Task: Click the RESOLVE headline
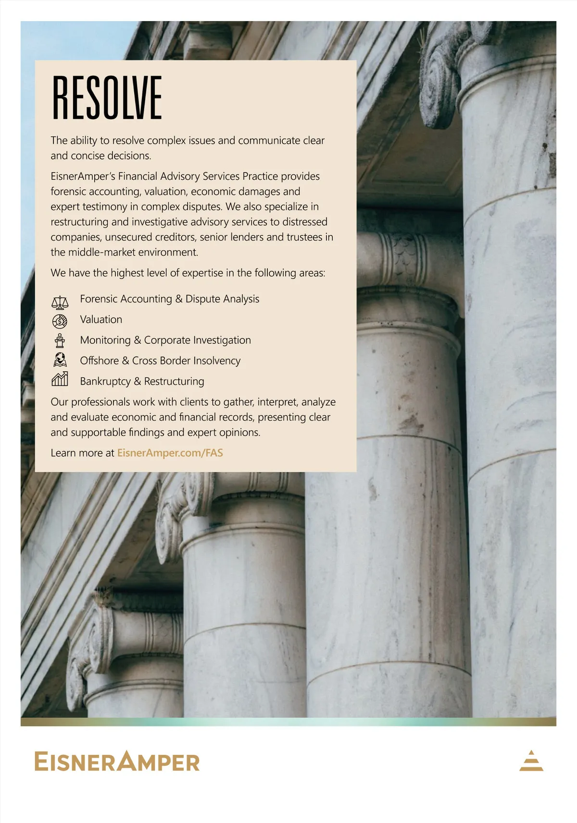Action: [107, 98]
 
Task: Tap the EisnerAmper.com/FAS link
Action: [170, 453]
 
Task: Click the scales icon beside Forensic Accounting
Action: [60, 302]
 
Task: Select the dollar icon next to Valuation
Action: [60, 321]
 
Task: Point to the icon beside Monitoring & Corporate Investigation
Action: [60, 340]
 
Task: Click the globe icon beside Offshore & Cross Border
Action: [60, 360]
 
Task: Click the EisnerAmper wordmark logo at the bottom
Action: [117, 762]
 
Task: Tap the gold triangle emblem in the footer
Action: [531, 761]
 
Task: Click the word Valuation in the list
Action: [101, 319]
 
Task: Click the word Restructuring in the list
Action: [174, 381]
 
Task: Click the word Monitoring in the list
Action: [105, 340]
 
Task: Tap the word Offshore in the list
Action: [99, 361]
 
